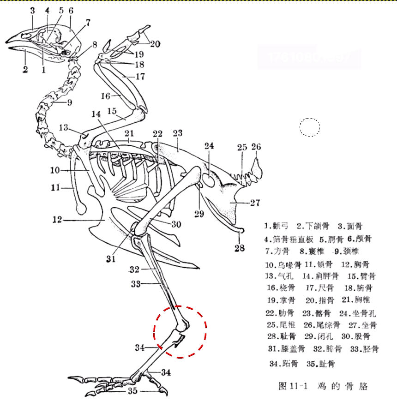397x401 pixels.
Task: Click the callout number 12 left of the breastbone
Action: (x=57, y=220)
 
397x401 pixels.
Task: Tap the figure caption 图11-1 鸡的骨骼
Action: (x=323, y=386)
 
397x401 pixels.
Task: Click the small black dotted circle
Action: (x=310, y=127)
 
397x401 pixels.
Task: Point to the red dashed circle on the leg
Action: (x=180, y=331)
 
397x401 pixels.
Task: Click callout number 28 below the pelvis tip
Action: (x=239, y=248)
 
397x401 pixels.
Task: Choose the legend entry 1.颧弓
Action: (x=277, y=226)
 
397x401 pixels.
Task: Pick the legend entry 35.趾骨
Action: (x=321, y=364)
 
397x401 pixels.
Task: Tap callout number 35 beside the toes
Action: (x=133, y=391)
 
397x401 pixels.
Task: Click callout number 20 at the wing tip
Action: (x=155, y=44)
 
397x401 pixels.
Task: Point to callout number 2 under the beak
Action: (x=25, y=70)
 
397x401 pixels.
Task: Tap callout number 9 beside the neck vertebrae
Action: (x=69, y=102)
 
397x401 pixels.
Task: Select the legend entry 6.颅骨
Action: (x=360, y=239)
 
